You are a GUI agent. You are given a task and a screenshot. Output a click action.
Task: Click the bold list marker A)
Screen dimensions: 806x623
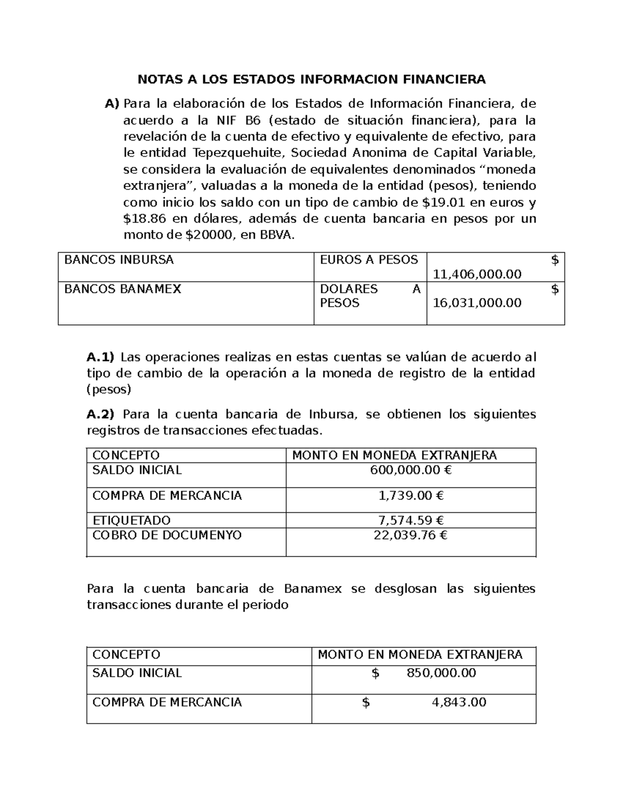coord(112,104)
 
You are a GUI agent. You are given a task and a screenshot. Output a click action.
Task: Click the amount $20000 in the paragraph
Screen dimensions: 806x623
coord(209,235)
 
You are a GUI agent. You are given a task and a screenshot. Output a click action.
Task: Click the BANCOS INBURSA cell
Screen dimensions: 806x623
coord(119,260)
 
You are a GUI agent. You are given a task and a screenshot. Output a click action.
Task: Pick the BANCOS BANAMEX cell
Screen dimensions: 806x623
coord(123,289)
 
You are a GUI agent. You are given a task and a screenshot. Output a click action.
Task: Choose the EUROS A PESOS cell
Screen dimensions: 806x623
coord(369,260)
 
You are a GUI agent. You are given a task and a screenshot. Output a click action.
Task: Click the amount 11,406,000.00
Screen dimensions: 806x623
coord(477,274)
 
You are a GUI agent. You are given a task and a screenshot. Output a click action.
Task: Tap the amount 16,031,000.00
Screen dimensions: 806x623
coord(477,303)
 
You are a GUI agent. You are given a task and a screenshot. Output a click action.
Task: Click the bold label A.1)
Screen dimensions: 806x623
coord(100,357)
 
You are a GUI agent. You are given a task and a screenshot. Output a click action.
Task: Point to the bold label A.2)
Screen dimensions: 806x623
coord(100,414)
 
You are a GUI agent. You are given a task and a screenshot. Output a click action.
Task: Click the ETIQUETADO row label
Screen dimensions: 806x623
coord(131,520)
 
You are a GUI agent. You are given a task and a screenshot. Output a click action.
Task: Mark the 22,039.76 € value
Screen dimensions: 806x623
coord(410,535)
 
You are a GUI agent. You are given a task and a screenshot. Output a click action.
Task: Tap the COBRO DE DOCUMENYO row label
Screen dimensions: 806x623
coord(167,535)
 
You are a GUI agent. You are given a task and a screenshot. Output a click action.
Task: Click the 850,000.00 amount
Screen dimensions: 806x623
coord(441,673)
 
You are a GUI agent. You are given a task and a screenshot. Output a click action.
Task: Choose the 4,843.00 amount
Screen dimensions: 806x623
coord(459,702)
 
